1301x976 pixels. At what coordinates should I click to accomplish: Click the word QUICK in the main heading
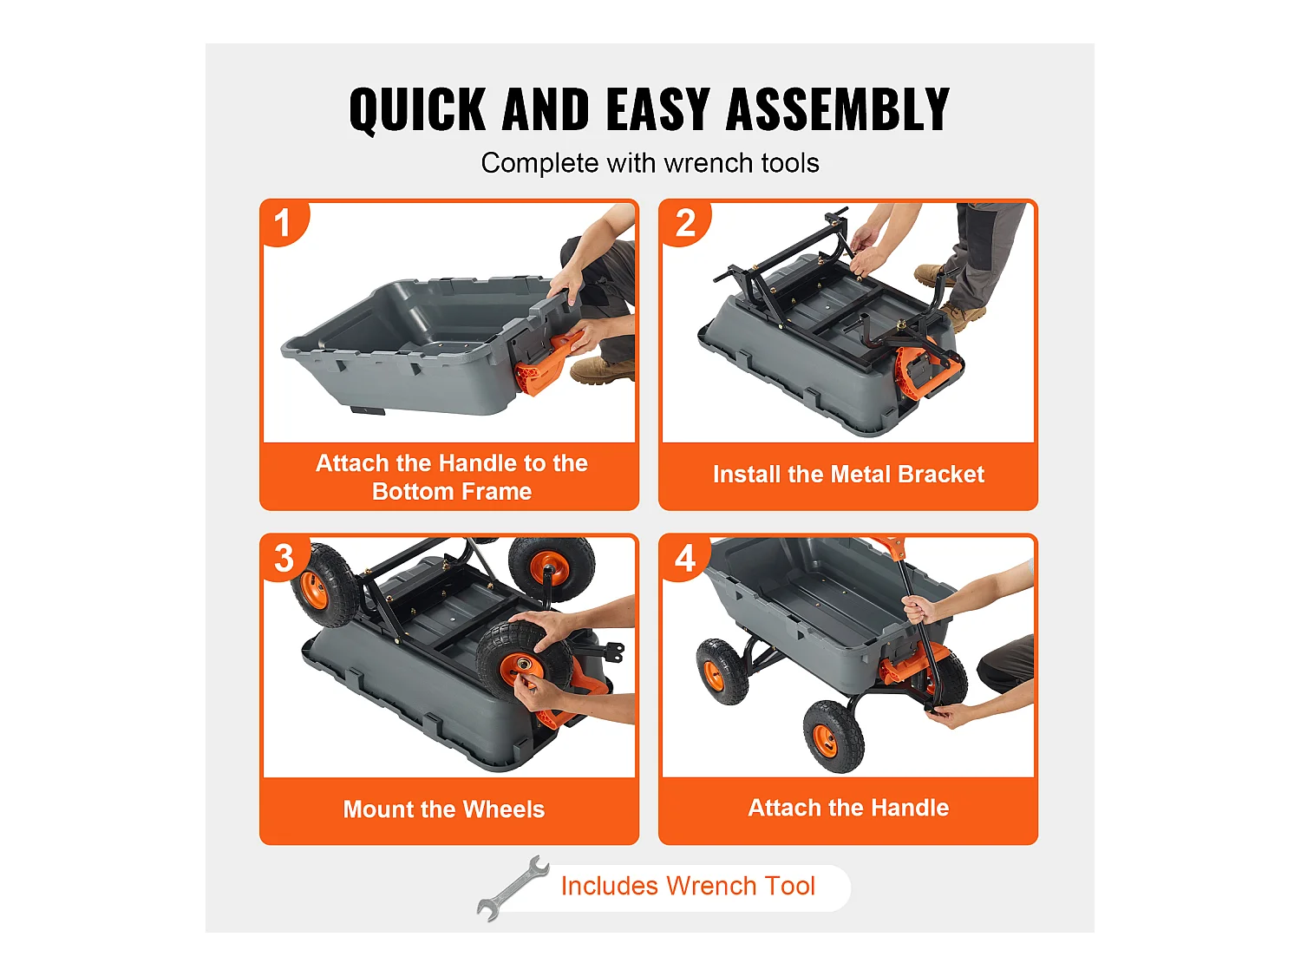point(417,110)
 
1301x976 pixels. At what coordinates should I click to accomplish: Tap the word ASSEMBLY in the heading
point(838,109)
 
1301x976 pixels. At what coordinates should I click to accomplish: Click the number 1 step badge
point(284,224)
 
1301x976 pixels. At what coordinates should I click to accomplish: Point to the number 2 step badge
point(684,224)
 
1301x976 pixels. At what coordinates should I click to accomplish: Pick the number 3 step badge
point(284,558)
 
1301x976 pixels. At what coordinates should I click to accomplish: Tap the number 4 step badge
point(684,558)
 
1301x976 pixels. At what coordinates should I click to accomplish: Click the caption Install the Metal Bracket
point(848,474)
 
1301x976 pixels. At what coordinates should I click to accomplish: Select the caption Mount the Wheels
point(444,809)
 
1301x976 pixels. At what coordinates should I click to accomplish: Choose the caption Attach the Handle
point(848,808)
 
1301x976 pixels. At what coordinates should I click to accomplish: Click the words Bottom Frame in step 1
point(452,492)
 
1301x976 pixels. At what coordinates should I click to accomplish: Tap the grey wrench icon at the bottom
point(513,888)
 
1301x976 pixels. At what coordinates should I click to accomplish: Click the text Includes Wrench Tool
point(688,886)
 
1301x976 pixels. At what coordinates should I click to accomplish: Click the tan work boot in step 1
point(602,371)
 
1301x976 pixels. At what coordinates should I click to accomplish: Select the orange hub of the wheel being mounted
point(520,667)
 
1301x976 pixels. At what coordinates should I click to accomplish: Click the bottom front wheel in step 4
point(834,736)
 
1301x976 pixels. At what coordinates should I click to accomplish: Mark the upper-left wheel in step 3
point(324,585)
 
